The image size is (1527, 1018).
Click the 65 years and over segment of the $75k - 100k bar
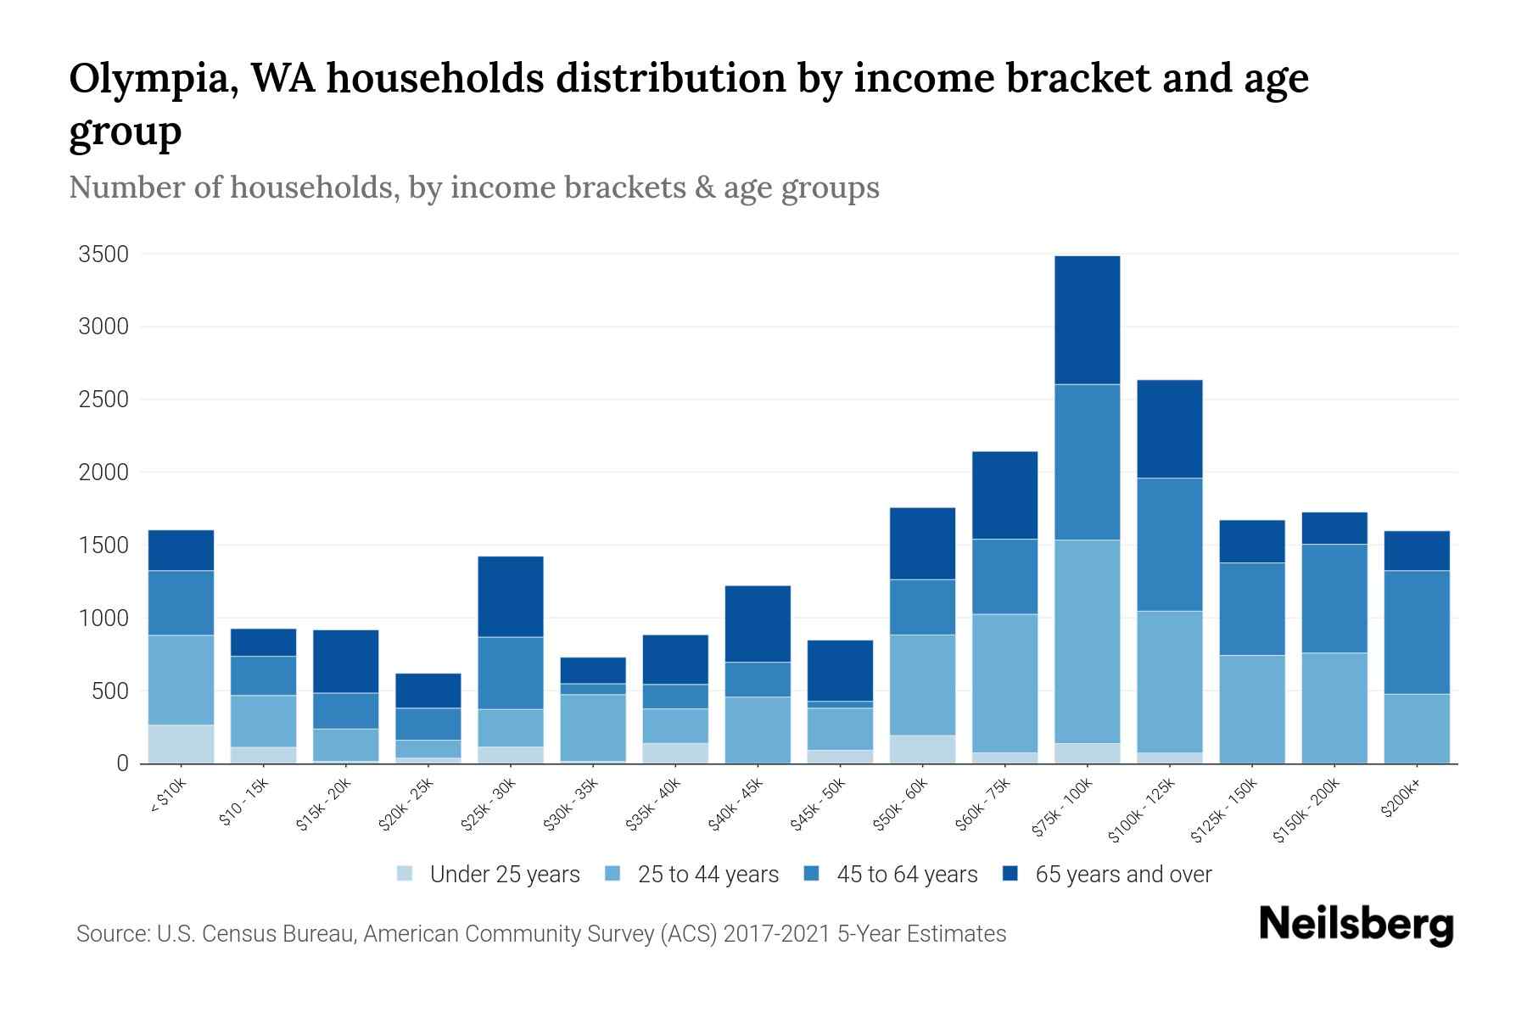point(1087,320)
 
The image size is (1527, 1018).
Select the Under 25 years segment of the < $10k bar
point(181,744)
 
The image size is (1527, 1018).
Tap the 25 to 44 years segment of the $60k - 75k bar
point(1004,683)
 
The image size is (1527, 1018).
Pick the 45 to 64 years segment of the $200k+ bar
point(1417,632)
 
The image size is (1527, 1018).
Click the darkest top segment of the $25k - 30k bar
point(510,596)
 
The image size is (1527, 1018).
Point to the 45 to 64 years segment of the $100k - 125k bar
point(1169,544)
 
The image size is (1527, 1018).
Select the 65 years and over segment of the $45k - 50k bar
point(840,670)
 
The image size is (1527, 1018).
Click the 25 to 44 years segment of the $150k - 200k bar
point(1334,708)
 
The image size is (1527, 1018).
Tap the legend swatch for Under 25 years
point(406,874)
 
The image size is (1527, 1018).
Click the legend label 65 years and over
point(1123,874)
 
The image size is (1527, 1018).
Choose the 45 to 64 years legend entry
point(907,874)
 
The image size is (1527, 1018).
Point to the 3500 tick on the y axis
point(103,254)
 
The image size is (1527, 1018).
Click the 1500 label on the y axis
point(103,545)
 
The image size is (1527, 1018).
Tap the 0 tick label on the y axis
point(122,763)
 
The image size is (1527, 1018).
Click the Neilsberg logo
point(1356,924)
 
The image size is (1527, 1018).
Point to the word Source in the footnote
point(110,934)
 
